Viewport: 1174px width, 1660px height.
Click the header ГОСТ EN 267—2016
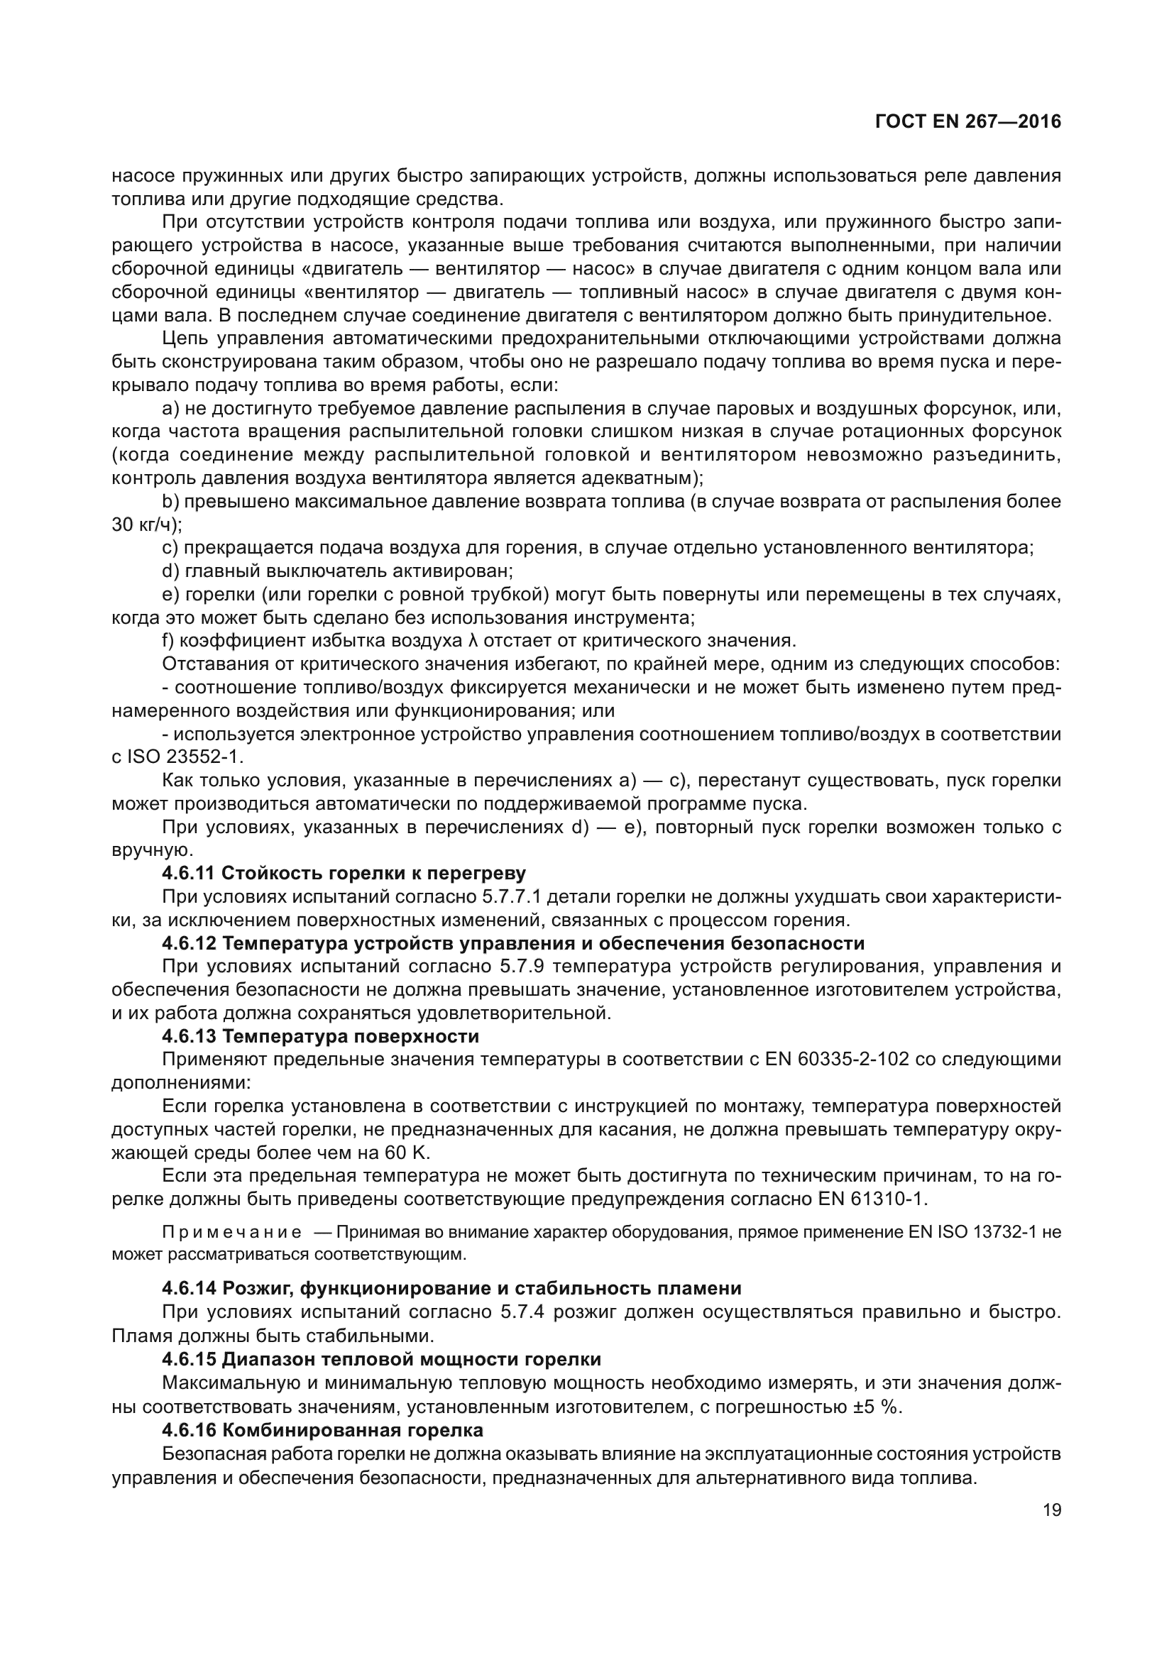[x=968, y=122]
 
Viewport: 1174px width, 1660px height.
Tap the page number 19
[x=1052, y=1510]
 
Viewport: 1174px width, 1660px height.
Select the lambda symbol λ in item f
[x=475, y=641]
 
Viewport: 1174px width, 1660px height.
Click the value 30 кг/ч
[x=146, y=525]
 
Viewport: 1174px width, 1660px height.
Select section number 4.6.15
[x=189, y=1360]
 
